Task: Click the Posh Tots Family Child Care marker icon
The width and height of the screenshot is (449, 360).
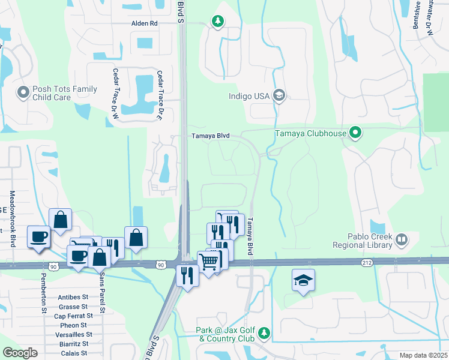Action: pyautogui.click(x=23, y=92)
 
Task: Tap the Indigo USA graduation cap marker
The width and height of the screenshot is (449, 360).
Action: pyautogui.click(x=279, y=95)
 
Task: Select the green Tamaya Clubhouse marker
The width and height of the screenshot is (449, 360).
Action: pyautogui.click(x=355, y=133)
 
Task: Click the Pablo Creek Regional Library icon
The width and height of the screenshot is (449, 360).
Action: pyautogui.click(x=401, y=241)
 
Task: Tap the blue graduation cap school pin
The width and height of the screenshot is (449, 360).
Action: pyautogui.click(x=303, y=280)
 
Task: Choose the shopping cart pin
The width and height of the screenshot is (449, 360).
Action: pyautogui.click(x=208, y=261)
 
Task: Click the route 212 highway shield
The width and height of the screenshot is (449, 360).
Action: pyautogui.click(x=367, y=263)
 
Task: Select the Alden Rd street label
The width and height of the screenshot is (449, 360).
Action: pyautogui.click(x=144, y=23)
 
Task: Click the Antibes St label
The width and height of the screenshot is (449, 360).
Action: pyautogui.click(x=73, y=297)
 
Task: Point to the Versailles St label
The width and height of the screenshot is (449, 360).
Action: pyautogui.click(x=73, y=334)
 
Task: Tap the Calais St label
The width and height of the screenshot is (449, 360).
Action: pyautogui.click(x=76, y=353)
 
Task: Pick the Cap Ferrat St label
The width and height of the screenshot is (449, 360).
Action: pyautogui.click(x=73, y=316)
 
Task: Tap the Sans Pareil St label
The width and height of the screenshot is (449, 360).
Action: pyautogui.click(x=102, y=293)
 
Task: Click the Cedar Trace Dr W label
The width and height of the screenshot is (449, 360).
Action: pyautogui.click(x=114, y=91)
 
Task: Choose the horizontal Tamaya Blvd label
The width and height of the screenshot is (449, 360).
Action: pyautogui.click(x=210, y=136)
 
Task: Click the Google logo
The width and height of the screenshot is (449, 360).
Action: pyautogui.click(x=20, y=353)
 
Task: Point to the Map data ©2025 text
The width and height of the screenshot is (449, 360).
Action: pyautogui.click(x=423, y=355)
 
